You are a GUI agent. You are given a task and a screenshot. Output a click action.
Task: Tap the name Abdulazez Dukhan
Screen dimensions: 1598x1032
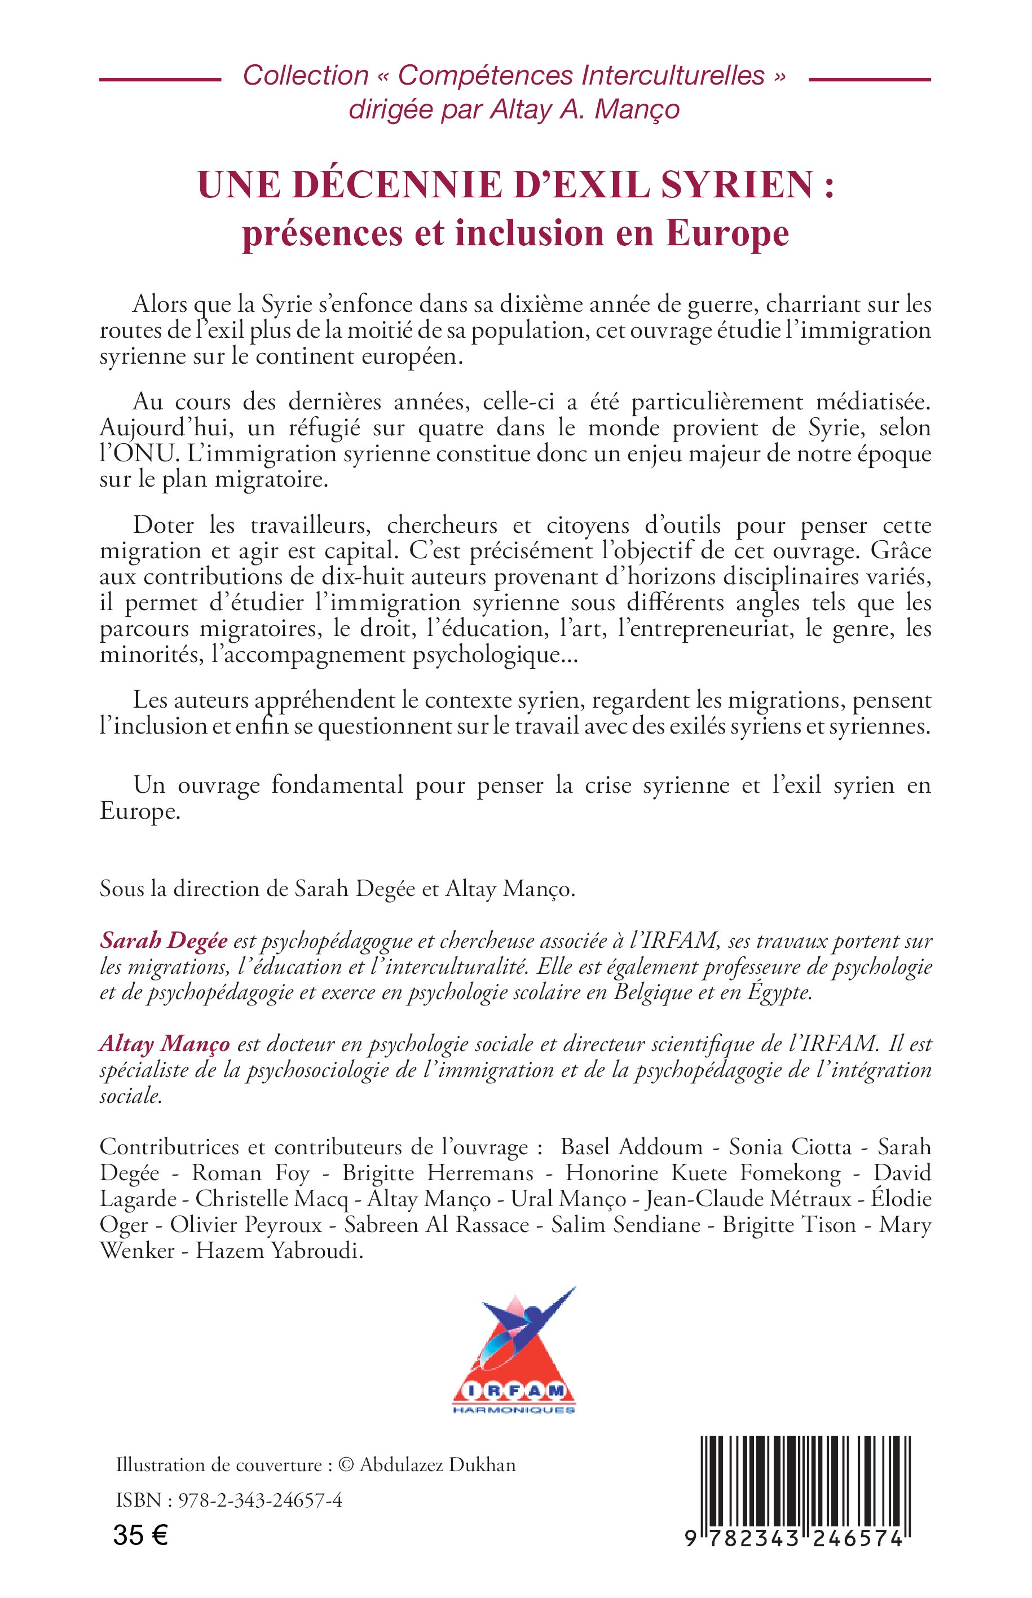coord(438,1465)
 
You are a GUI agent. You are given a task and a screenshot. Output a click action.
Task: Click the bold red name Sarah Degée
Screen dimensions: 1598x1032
coord(164,941)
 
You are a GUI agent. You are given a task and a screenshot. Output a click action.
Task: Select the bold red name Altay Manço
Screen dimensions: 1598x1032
coord(164,1044)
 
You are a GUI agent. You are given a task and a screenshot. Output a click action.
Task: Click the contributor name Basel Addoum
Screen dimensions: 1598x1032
coord(631,1147)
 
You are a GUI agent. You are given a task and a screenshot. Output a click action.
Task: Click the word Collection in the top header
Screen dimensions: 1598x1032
coord(306,76)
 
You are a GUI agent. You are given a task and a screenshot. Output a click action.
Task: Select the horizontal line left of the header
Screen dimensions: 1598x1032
coord(160,80)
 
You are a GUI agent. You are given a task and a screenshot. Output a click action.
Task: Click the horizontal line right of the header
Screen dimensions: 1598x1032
coord(869,80)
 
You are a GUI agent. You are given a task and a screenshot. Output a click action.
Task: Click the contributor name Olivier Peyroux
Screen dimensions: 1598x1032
coord(246,1225)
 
